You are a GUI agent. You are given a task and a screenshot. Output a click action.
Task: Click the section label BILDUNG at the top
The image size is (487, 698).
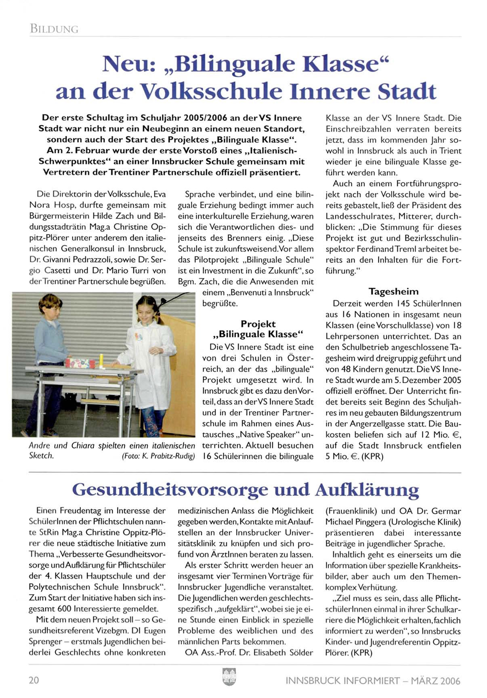click(54, 29)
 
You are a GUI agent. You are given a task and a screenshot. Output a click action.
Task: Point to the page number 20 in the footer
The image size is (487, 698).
click(34, 680)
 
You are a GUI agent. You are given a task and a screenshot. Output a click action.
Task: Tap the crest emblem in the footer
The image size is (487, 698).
click(229, 677)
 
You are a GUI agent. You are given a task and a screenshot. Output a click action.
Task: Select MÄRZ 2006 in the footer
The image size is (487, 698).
click(435, 681)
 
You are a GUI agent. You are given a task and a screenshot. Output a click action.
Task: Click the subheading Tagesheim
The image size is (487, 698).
click(393, 291)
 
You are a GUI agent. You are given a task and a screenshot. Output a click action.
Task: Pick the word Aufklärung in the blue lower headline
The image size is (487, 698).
click(367, 490)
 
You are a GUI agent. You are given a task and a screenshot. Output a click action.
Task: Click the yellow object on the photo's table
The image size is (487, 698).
click(101, 361)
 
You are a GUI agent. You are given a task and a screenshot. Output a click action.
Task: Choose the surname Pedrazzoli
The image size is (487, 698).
click(93, 260)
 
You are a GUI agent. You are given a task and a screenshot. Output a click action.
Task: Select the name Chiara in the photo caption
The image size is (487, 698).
click(83, 445)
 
